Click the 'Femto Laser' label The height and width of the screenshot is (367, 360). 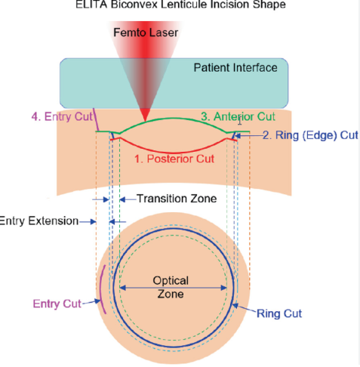(146, 32)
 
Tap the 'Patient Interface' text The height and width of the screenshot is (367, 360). (235, 68)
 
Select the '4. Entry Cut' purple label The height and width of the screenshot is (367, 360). (62, 117)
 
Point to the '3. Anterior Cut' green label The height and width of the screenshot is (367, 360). (238, 116)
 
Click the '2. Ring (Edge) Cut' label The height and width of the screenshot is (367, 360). (310, 135)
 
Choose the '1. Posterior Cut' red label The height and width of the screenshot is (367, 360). (174, 159)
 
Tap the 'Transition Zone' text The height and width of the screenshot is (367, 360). (177, 199)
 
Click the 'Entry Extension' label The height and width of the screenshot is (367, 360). (39, 221)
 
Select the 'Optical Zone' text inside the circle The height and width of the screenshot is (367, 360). (171, 287)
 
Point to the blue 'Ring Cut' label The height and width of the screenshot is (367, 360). (279, 313)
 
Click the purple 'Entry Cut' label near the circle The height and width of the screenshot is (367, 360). (57, 304)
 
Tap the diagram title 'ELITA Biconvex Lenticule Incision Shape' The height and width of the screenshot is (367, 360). (180, 5)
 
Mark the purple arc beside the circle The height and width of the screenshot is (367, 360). (101, 289)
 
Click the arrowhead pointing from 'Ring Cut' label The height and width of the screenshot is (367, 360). (235, 306)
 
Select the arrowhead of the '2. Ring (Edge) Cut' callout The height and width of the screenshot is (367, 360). (238, 136)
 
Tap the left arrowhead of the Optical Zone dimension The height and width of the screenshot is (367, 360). (122, 288)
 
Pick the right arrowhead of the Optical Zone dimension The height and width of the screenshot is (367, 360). (224, 288)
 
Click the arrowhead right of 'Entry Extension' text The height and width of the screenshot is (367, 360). (94, 222)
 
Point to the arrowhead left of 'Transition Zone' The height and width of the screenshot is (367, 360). (122, 199)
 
